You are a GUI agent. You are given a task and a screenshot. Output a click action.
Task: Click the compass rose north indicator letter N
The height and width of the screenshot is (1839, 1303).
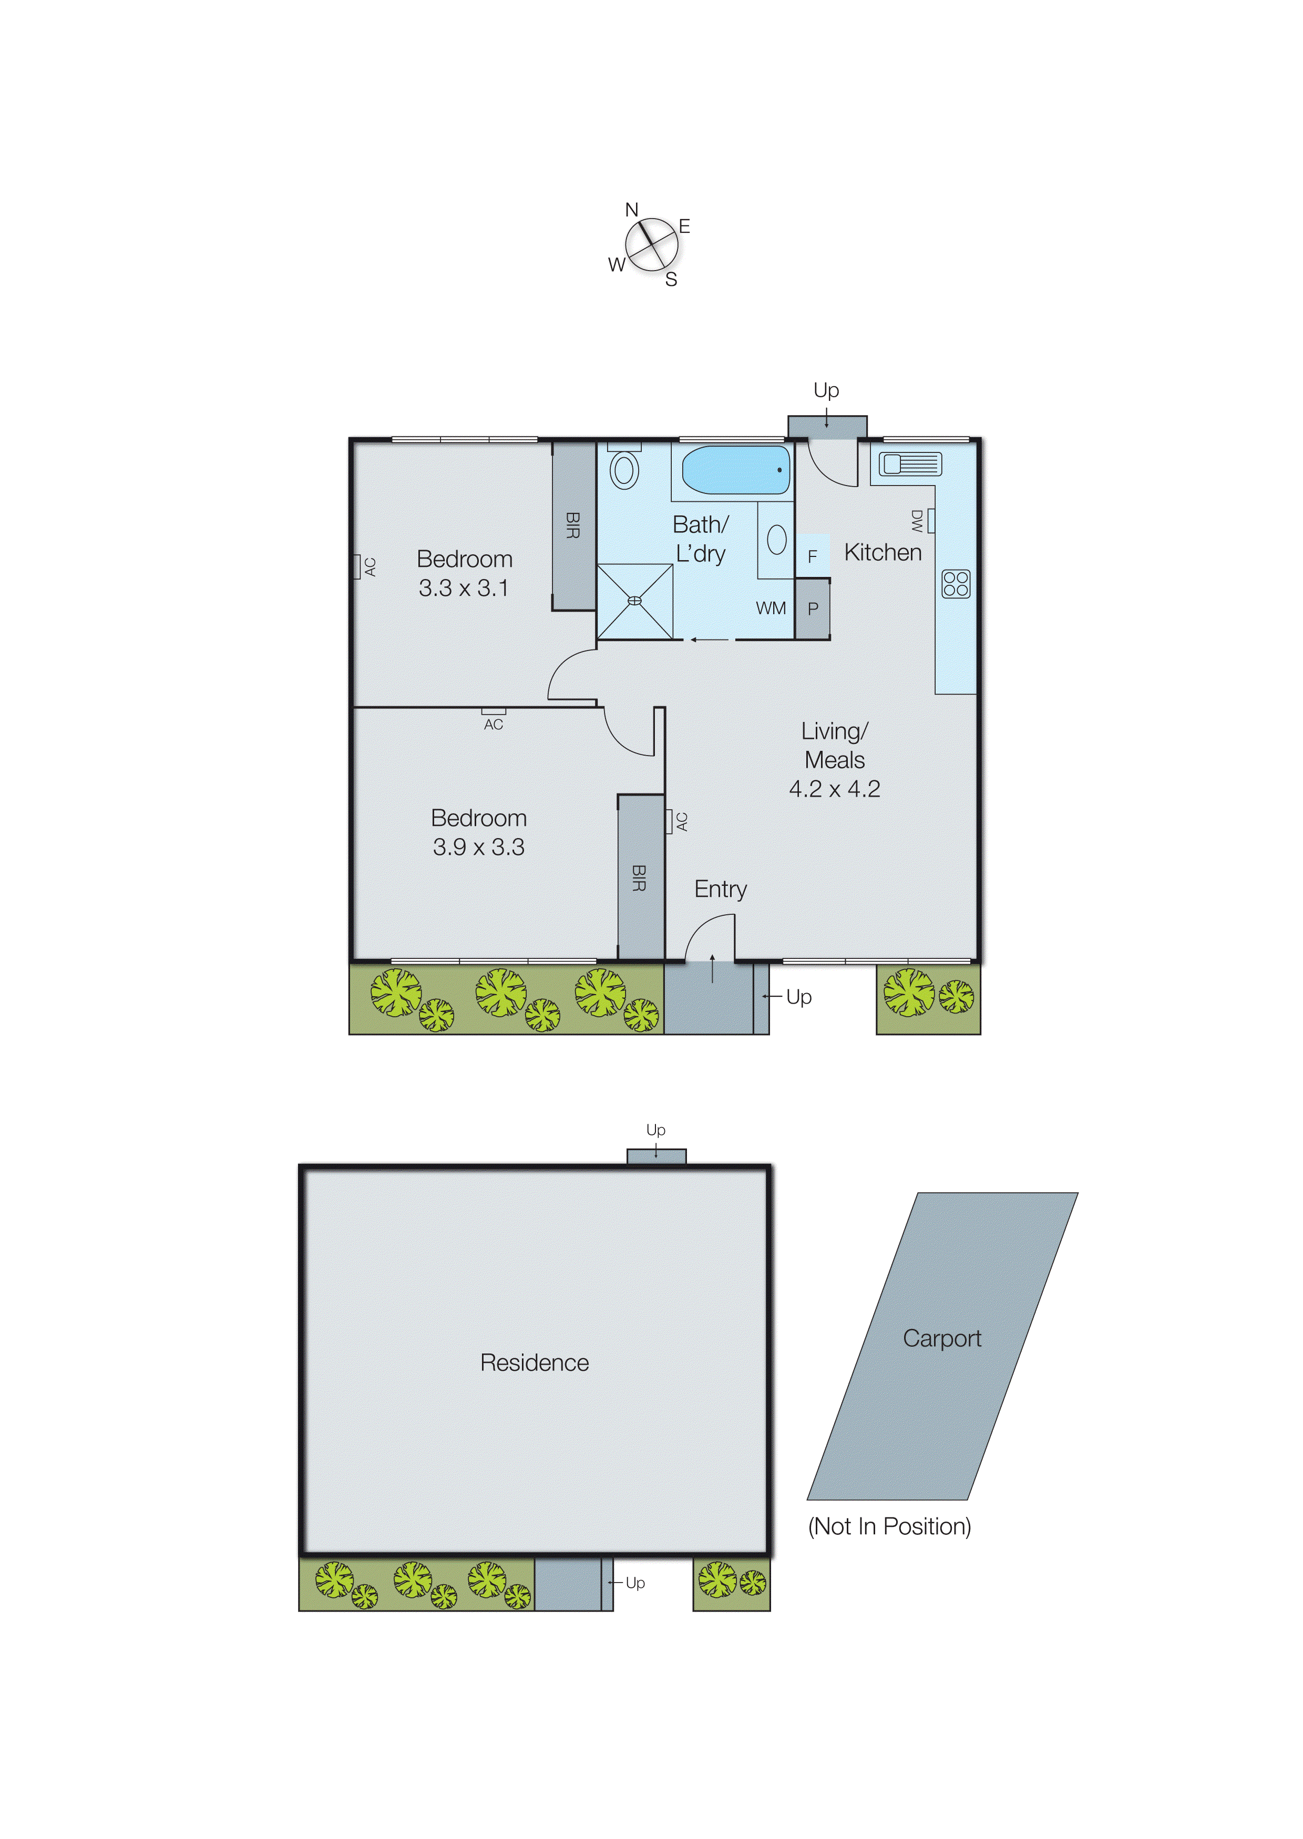[631, 210]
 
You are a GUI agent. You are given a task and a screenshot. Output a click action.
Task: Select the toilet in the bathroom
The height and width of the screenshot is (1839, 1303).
[624, 470]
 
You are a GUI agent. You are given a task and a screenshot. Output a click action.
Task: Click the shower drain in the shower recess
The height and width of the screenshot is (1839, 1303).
[634, 601]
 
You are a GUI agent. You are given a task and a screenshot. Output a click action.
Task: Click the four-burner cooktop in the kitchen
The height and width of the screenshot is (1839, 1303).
[956, 584]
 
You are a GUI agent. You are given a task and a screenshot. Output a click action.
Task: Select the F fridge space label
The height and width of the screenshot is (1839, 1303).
[812, 556]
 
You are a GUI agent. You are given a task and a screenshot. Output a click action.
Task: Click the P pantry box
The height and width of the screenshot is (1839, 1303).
[813, 609]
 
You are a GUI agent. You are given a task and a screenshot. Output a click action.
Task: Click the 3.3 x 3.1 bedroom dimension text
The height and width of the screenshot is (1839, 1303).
[464, 588]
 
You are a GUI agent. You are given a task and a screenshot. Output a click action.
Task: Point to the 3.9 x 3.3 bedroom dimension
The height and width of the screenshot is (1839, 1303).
[478, 848]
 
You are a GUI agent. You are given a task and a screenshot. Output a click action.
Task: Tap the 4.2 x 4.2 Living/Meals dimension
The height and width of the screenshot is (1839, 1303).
[835, 789]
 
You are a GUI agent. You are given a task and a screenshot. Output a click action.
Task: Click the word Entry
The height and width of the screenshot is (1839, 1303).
[721, 890]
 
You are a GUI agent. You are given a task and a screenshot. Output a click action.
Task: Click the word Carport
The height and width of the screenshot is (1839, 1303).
[942, 1339]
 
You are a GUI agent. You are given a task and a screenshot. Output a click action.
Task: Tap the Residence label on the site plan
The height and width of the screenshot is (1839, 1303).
[535, 1362]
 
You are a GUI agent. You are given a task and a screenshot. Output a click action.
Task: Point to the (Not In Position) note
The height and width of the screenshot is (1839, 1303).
[889, 1526]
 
